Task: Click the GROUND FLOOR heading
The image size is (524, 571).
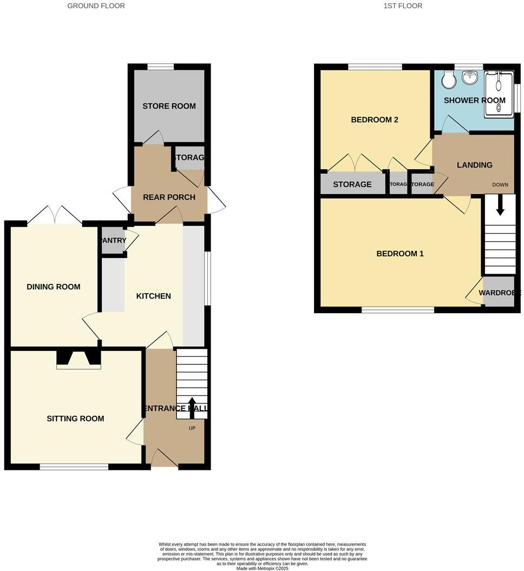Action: [x=96, y=6]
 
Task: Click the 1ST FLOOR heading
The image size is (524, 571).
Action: [x=402, y=6]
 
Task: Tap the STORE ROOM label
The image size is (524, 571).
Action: [x=169, y=106]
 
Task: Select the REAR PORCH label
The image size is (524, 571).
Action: [x=169, y=197]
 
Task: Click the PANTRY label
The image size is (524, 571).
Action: [x=114, y=241]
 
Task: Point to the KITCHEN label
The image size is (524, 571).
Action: [x=153, y=296]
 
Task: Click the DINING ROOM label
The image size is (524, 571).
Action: [x=54, y=287]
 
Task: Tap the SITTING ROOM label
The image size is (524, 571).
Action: [x=75, y=419]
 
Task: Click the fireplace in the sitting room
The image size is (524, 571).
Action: [x=78, y=360]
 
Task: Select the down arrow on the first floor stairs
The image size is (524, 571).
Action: [x=499, y=206]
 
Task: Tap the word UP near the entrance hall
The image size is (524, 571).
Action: [x=192, y=428]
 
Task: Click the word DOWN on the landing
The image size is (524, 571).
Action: [x=500, y=185]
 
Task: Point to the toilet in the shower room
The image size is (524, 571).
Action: [x=448, y=81]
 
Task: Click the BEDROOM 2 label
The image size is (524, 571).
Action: [x=375, y=119]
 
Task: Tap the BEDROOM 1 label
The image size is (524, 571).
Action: [x=400, y=254]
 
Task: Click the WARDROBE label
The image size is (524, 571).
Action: [x=500, y=293]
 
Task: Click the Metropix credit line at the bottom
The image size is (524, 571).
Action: [x=262, y=568]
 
